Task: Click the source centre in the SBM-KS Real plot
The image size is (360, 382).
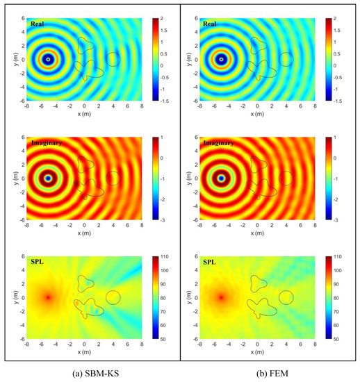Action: point(48,60)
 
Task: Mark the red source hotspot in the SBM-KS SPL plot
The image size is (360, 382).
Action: point(48,297)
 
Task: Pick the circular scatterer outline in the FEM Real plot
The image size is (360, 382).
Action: point(286,59)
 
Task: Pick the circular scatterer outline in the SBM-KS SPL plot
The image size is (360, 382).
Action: point(112,297)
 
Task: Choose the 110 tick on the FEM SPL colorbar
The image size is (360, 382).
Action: point(337,256)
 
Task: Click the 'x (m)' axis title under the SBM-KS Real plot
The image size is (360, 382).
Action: point(84,115)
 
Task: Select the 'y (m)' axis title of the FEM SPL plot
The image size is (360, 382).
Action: point(187,297)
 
